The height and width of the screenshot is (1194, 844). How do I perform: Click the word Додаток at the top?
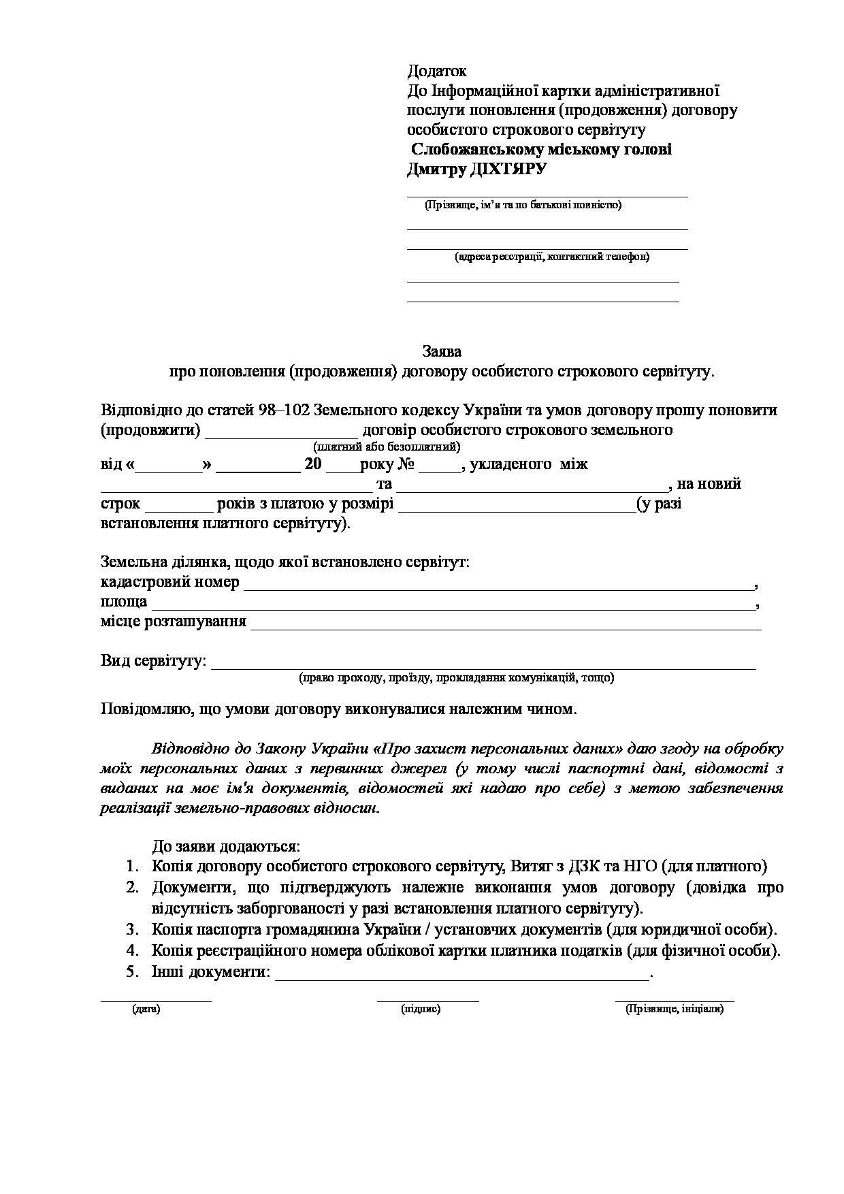[x=437, y=71]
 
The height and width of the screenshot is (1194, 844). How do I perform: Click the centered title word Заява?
[x=442, y=351]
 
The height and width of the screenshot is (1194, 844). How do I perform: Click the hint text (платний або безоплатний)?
[x=387, y=447]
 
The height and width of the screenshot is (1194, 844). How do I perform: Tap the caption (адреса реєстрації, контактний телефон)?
[x=552, y=257]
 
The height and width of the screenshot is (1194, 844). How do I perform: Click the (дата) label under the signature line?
[x=146, y=1009]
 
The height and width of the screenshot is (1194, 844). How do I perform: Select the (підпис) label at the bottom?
[x=421, y=1009]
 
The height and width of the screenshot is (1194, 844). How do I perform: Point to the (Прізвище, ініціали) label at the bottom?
[x=675, y=1009]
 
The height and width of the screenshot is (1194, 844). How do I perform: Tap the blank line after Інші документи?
[x=462, y=973]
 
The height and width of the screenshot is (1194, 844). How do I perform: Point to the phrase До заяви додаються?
[x=225, y=847]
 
